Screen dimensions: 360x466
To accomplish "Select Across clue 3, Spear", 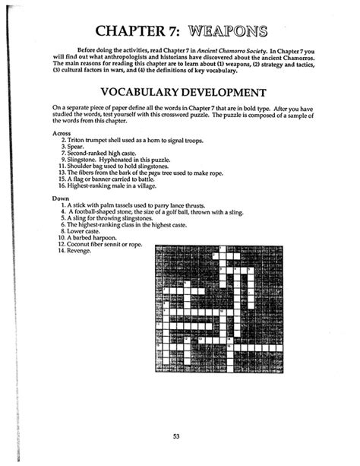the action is click(x=79, y=147).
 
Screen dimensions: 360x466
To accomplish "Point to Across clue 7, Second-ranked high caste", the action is click(x=106, y=154).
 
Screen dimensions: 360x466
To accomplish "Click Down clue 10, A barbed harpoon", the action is click(x=96, y=239).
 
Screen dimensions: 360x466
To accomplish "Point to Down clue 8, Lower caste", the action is click(x=88, y=232).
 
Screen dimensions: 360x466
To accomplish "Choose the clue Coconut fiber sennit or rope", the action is click(x=106, y=245).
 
